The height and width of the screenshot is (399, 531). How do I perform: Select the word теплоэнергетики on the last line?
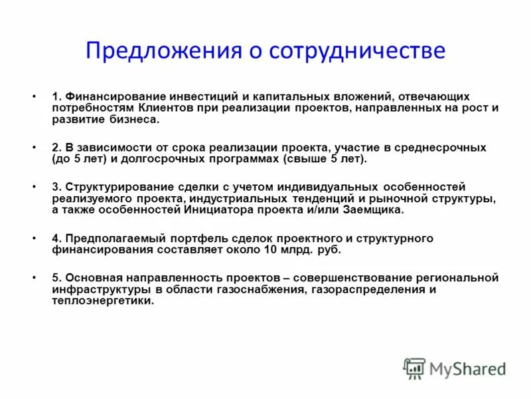(x=103, y=301)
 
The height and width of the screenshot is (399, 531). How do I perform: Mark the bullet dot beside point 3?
(x=34, y=188)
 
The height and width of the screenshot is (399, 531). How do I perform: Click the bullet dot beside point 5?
(x=34, y=278)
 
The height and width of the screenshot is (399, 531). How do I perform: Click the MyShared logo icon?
(x=415, y=368)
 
